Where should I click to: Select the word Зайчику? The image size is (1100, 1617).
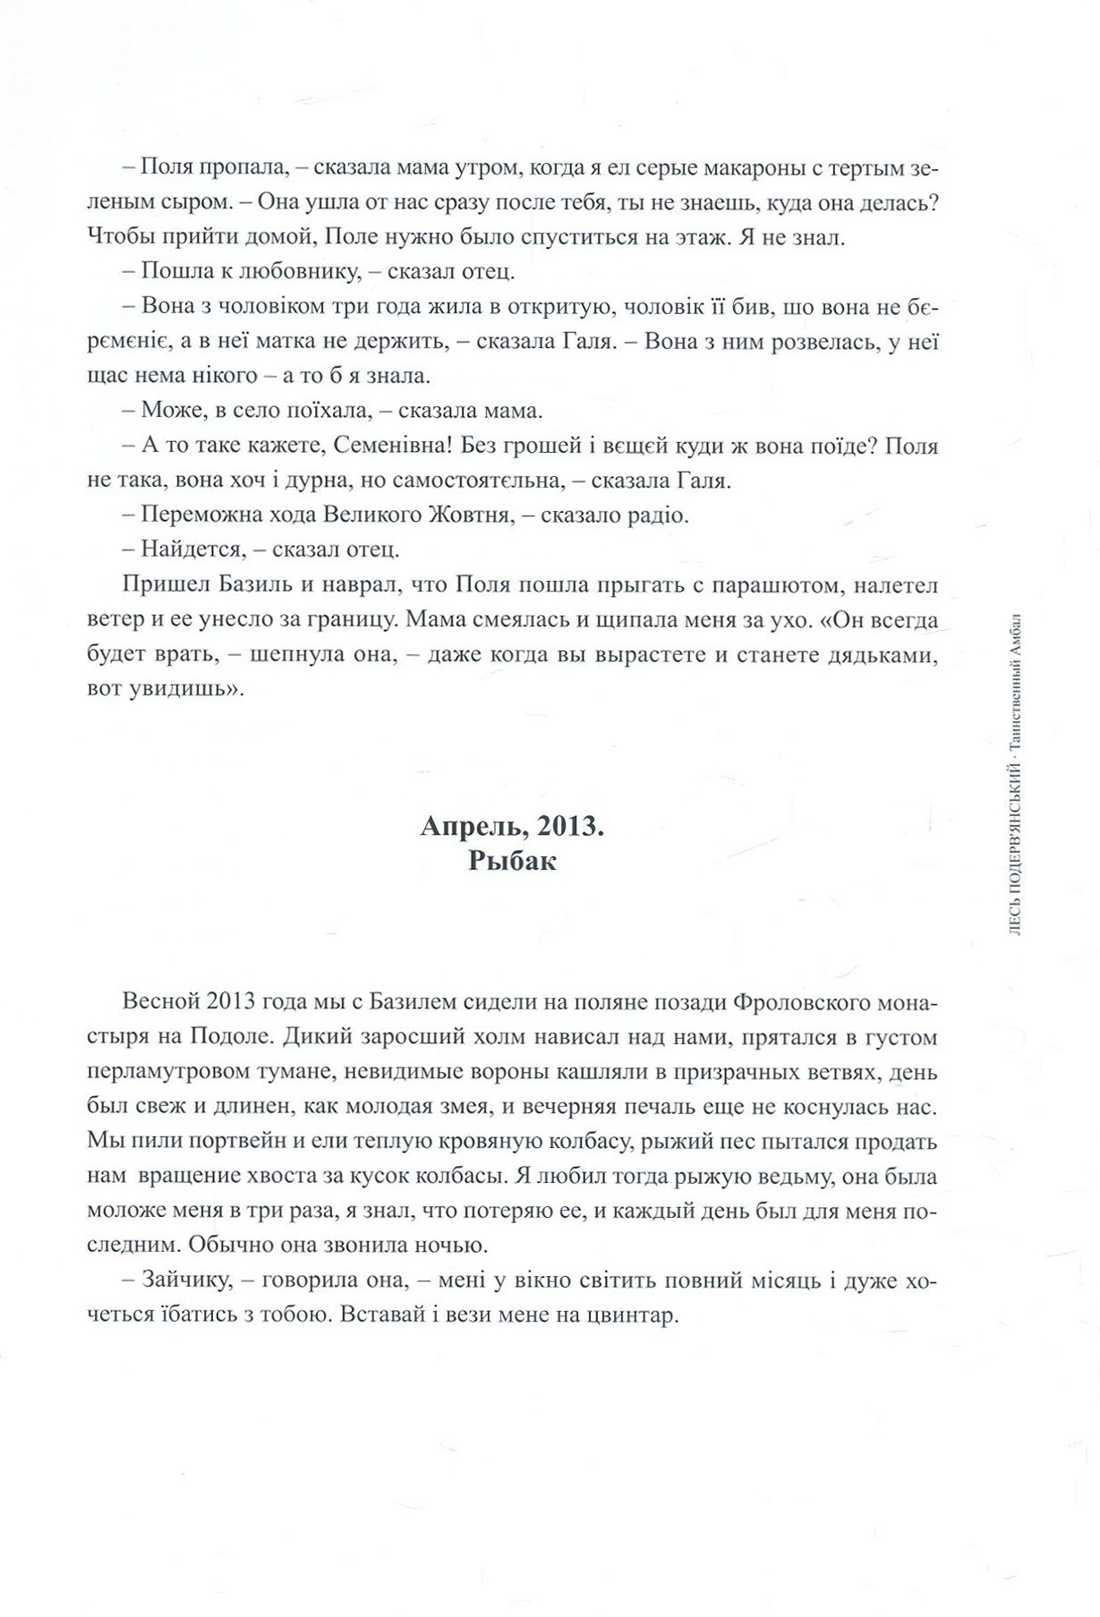(187, 1281)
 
